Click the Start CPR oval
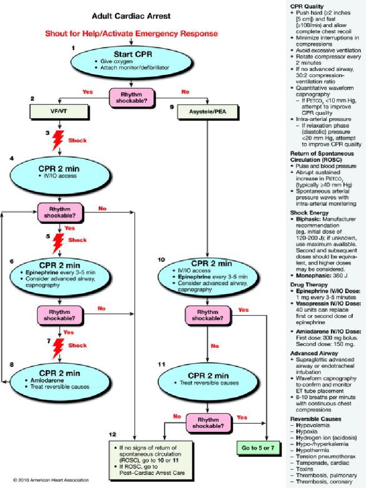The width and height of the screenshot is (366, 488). pyautogui.click(x=131, y=61)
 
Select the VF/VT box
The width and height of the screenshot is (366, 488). pyautogui.click(x=59, y=112)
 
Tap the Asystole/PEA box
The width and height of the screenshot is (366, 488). pyautogui.click(x=207, y=112)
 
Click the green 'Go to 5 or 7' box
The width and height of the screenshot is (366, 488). pyautogui.click(x=258, y=447)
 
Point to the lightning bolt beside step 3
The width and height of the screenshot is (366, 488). pyautogui.click(x=58, y=140)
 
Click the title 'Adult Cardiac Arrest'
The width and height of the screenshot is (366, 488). pyautogui.click(x=131, y=16)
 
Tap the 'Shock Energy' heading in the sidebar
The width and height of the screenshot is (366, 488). pyautogui.click(x=309, y=213)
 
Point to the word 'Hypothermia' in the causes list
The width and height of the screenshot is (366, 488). pyautogui.click(x=313, y=449)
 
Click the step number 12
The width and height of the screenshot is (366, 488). pyautogui.click(x=112, y=434)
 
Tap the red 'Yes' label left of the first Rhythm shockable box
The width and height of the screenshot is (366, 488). pyautogui.click(x=87, y=91)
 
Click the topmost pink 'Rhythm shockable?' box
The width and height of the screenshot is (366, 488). pyautogui.click(x=132, y=97)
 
